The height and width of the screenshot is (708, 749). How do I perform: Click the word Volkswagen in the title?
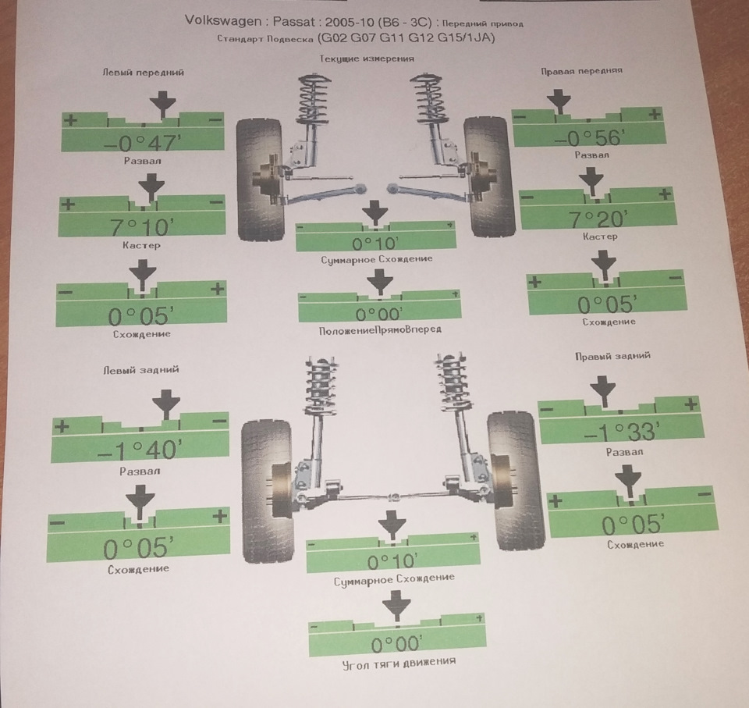click(x=223, y=20)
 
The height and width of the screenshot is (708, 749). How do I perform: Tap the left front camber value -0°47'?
click(x=143, y=143)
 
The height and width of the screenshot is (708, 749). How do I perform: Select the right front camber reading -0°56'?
click(x=588, y=138)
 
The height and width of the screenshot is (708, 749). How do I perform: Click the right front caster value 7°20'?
click(x=597, y=219)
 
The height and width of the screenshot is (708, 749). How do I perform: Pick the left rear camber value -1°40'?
click(x=140, y=450)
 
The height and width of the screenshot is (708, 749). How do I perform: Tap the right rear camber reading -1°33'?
click(x=622, y=432)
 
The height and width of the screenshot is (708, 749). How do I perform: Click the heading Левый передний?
click(x=143, y=72)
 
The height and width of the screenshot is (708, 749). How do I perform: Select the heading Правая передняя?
click(x=581, y=71)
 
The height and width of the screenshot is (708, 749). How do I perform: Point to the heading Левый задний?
click(x=141, y=369)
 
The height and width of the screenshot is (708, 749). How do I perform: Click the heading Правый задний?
click(x=612, y=356)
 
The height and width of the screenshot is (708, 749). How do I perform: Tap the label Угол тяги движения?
click(x=399, y=664)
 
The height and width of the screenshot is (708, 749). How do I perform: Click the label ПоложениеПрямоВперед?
click(x=380, y=330)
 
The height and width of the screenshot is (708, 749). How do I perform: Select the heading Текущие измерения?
click(x=367, y=59)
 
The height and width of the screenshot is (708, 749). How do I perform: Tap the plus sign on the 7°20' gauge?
click(x=665, y=194)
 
